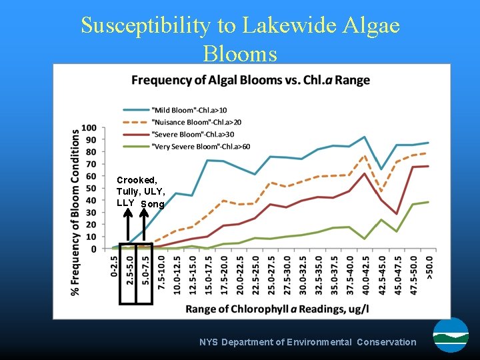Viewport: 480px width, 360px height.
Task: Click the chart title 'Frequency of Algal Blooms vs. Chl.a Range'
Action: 250,81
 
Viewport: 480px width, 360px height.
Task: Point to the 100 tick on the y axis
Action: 89,127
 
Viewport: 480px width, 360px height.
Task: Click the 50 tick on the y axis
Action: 91,188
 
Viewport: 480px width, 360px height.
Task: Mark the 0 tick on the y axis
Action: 93,249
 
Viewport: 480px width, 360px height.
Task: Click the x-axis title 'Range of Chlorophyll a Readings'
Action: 277,309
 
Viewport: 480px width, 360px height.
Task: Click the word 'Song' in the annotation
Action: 152,204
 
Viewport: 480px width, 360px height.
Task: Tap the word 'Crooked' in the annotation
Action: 137,180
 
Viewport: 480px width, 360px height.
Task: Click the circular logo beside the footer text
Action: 451,335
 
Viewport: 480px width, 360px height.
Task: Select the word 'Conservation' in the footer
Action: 386,342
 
